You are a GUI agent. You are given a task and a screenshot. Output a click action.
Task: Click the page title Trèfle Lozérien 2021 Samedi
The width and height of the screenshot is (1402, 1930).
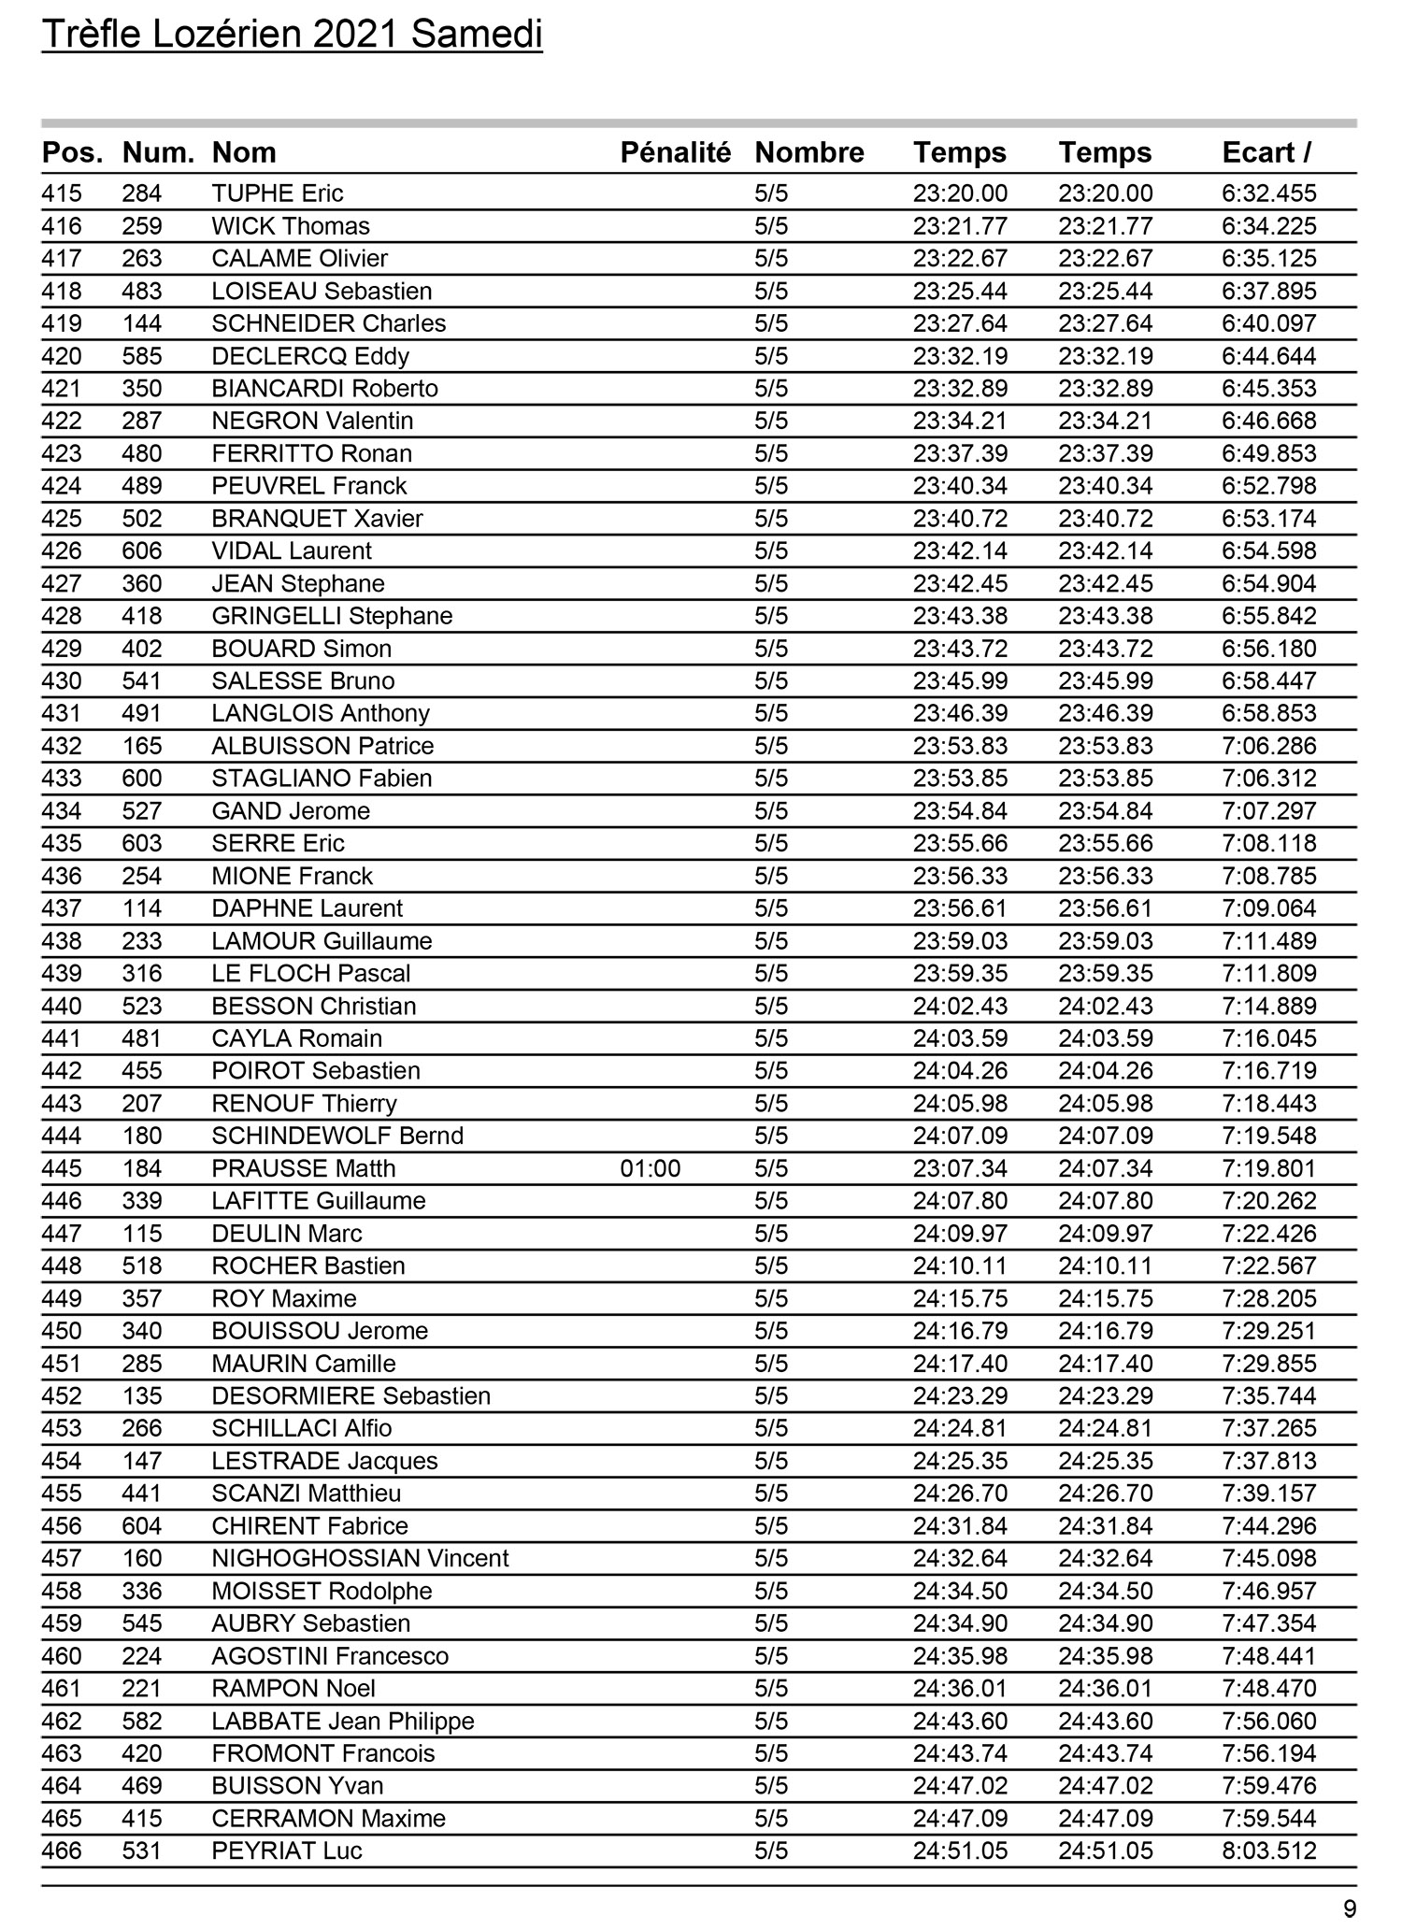click(x=292, y=36)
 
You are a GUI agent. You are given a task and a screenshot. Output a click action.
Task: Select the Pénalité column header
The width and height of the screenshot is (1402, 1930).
click(x=675, y=152)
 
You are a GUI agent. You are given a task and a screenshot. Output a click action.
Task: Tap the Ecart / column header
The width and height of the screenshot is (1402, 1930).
click(x=1266, y=152)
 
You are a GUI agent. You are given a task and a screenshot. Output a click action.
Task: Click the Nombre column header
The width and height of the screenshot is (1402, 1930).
click(x=809, y=152)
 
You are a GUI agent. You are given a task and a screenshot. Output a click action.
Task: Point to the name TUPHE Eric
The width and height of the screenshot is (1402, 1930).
click(x=278, y=193)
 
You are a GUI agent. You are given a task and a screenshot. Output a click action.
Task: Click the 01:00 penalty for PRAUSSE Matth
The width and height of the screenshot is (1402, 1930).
click(x=651, y=1168)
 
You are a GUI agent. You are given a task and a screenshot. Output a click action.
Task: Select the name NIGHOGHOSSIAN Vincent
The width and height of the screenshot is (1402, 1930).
click(x=360, y=1558)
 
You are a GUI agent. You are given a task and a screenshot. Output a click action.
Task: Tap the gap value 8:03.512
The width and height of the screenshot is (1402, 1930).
click(x=1269, y=1851)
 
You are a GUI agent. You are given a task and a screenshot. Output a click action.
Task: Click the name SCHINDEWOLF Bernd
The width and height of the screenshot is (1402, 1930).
click(x=337, y=1136)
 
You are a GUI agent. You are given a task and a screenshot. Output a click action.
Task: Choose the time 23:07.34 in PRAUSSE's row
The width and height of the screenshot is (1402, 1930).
click(x=960, y=1168)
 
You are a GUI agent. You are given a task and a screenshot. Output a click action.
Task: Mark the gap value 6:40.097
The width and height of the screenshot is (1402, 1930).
click(x=1269, y=323)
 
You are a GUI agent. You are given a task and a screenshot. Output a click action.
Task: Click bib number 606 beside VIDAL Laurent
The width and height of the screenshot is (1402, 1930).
click(x=142, y=550)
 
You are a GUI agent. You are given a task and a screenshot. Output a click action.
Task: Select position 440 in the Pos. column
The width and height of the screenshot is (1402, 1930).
click(x=62, y=1006)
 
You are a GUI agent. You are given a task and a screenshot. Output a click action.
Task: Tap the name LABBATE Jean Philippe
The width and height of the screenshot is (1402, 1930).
click(x=343, y=1721)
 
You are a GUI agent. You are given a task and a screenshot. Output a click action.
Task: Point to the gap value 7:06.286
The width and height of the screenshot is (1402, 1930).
click(x=1269, y=746)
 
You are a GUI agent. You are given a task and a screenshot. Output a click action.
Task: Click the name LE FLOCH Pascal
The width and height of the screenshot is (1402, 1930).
click(x=311, y=973)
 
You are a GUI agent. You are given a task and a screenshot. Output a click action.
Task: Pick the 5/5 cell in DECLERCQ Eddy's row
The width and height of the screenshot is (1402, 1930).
click(x=771, y=356)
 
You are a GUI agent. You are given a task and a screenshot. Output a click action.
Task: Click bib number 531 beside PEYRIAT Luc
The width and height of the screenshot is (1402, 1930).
click(x=142, y=1851)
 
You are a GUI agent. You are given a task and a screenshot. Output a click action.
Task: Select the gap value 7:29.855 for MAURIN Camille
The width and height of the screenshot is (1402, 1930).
click(x=1269, y=1364)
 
